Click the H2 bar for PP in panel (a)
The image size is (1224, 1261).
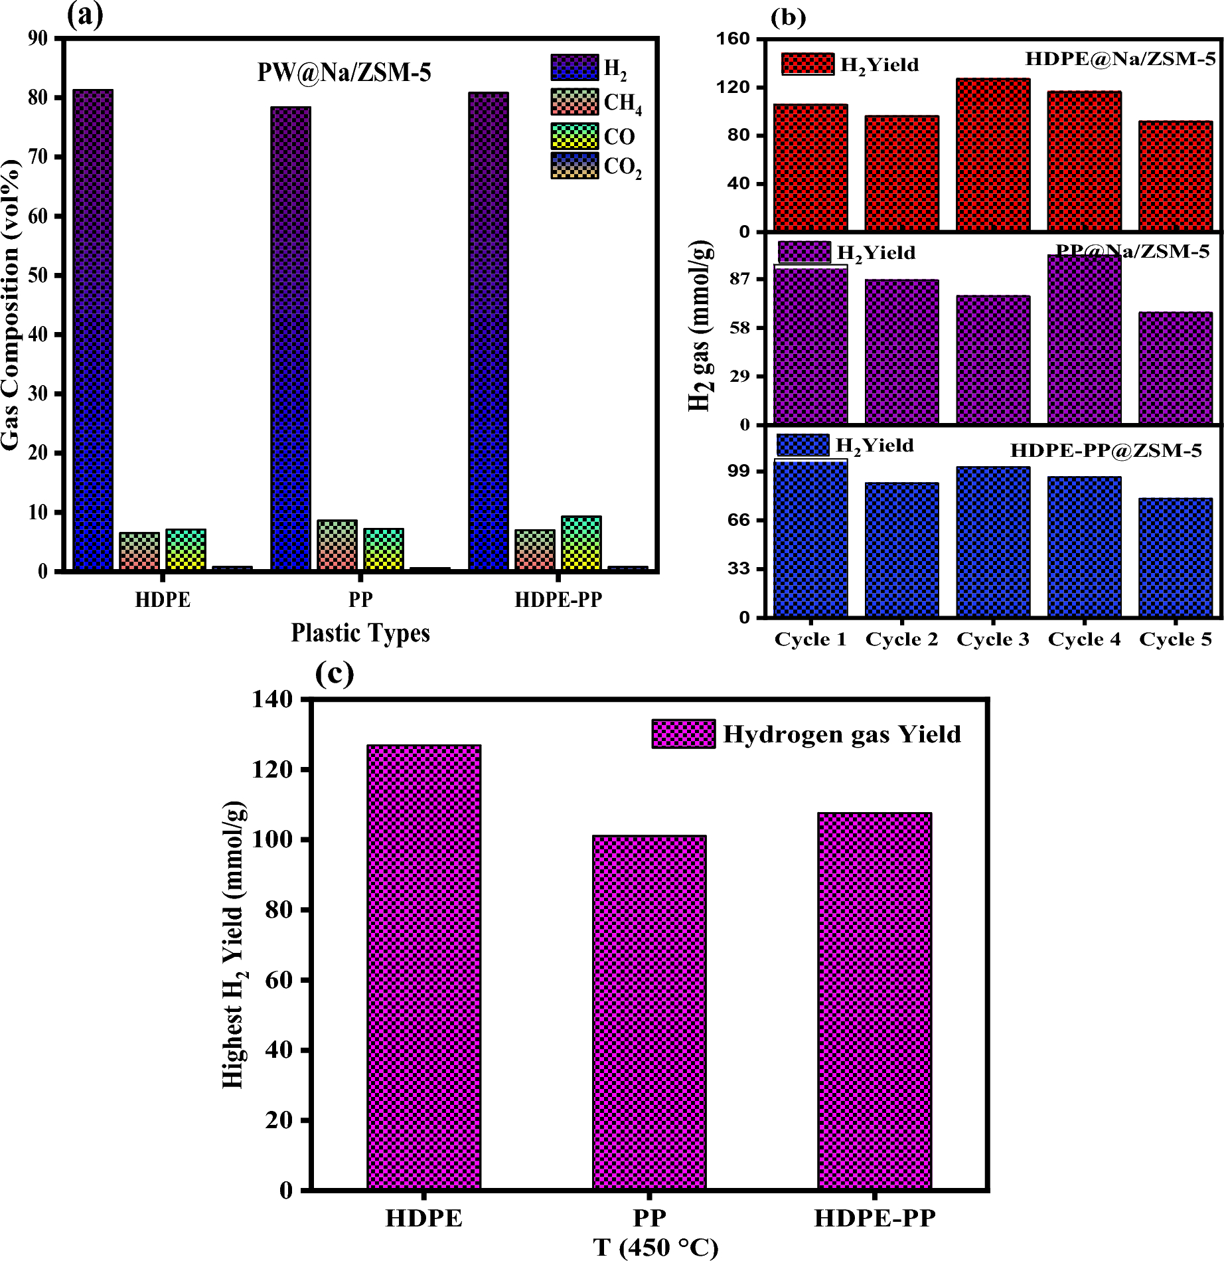tap(290, 339)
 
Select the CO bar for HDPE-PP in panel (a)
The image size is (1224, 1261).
tap(581, 543)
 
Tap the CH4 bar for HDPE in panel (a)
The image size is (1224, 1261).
tap(139, 551)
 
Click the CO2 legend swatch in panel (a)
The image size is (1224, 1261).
tap(574, 166)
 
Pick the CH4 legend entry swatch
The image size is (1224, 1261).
tap(574, 102)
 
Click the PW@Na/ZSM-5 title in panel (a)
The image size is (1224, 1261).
tap(344, 72)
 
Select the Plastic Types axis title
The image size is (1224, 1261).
tap(360, 633)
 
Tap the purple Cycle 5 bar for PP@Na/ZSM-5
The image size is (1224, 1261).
tap(1175, 368)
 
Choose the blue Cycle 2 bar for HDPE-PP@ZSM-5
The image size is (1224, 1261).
tap(901, 550)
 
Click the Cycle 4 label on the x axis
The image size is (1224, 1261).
tap(1084, 639)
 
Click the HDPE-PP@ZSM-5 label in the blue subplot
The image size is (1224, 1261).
tap(1106, 451)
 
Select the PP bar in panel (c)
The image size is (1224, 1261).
tap(649, 1012)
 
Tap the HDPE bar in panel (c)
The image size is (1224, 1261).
tap(423, 967)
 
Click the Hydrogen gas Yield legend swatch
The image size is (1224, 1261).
tap(683, 734)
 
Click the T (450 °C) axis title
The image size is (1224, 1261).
tap(656, 1248)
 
